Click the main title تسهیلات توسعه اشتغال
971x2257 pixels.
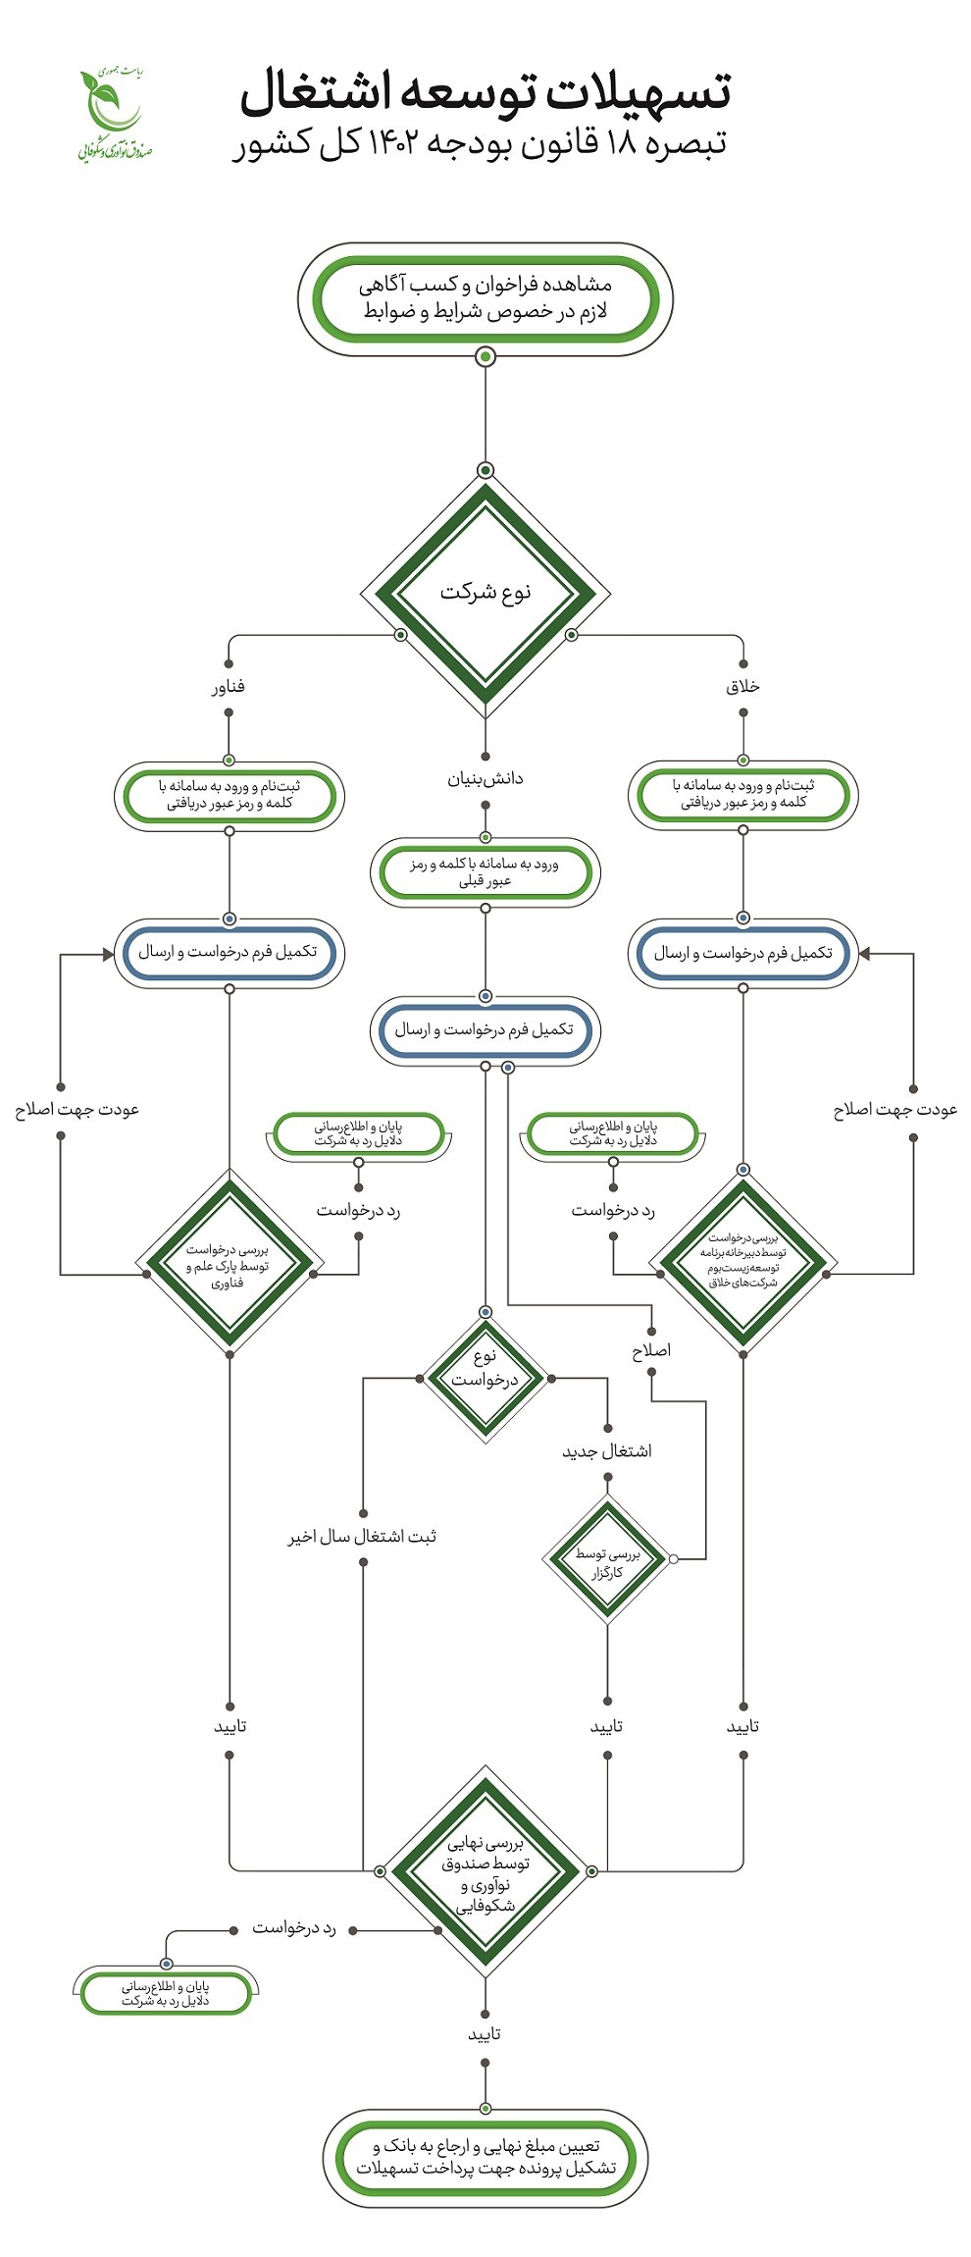point(485,92)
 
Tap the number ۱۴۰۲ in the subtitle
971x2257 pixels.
point(395,143)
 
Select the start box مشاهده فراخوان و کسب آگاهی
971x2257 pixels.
point(485,298)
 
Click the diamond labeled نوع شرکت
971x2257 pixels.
point(485,593)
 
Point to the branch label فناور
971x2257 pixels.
point(229,687)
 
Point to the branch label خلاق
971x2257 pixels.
point(742,687)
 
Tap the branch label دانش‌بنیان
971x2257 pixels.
point(485,779)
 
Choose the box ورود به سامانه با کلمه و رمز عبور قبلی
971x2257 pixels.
point(485,872)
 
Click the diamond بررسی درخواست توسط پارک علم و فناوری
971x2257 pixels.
point(230,1264)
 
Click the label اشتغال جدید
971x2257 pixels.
point(607,1451)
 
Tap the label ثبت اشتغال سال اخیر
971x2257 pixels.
point(362,1536)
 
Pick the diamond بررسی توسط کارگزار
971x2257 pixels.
point(607,1558)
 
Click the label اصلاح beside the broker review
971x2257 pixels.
point(651,1351)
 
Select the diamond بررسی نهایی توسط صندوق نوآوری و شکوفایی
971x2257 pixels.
point(485,1870)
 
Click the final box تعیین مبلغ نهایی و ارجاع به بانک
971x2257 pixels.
point(485,2158)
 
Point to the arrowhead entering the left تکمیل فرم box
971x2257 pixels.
point(108,953)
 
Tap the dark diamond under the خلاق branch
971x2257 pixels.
point(743,1262)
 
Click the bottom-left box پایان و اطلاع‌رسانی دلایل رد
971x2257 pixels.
point(166,1992)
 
